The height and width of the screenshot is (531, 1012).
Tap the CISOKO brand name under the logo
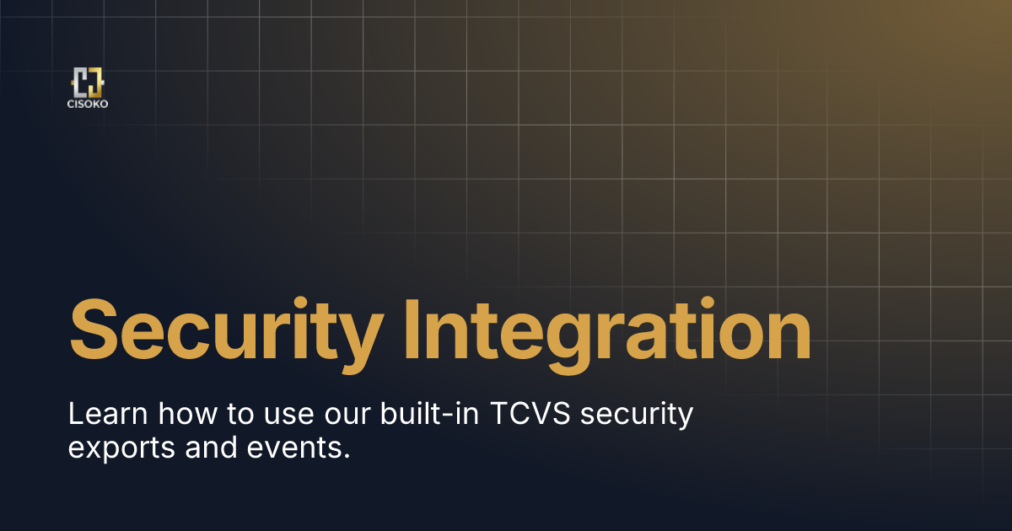click(88, 105)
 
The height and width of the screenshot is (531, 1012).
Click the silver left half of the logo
click(82, 83)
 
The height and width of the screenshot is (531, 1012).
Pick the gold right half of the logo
click(95, 83)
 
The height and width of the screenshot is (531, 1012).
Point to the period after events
click(346, 456)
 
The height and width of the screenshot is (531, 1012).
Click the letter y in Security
click(353, 337)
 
